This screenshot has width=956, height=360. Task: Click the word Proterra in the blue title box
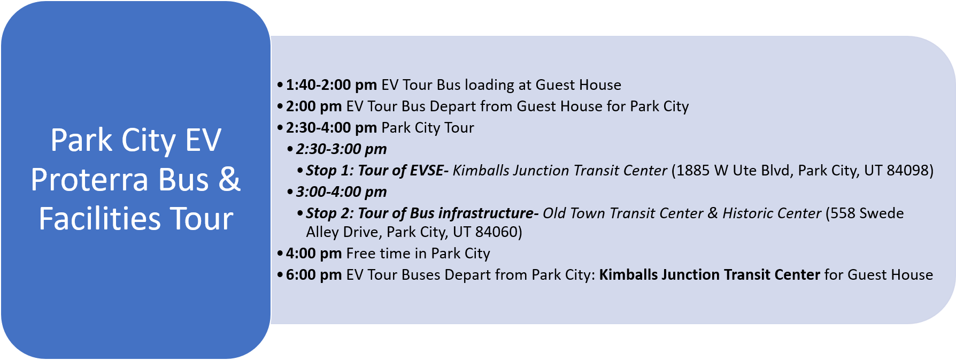90,179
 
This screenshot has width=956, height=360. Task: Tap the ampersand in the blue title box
229,179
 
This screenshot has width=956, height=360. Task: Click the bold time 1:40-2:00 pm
331,85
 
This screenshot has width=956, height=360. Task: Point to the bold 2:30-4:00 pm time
331,128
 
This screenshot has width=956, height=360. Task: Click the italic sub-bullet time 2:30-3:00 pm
342,149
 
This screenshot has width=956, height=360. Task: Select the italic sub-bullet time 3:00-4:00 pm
342,192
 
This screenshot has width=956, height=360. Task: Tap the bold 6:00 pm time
314,275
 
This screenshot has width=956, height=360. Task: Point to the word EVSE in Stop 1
427,171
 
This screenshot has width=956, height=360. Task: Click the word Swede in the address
882,213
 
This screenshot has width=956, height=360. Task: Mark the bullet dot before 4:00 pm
280,254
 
